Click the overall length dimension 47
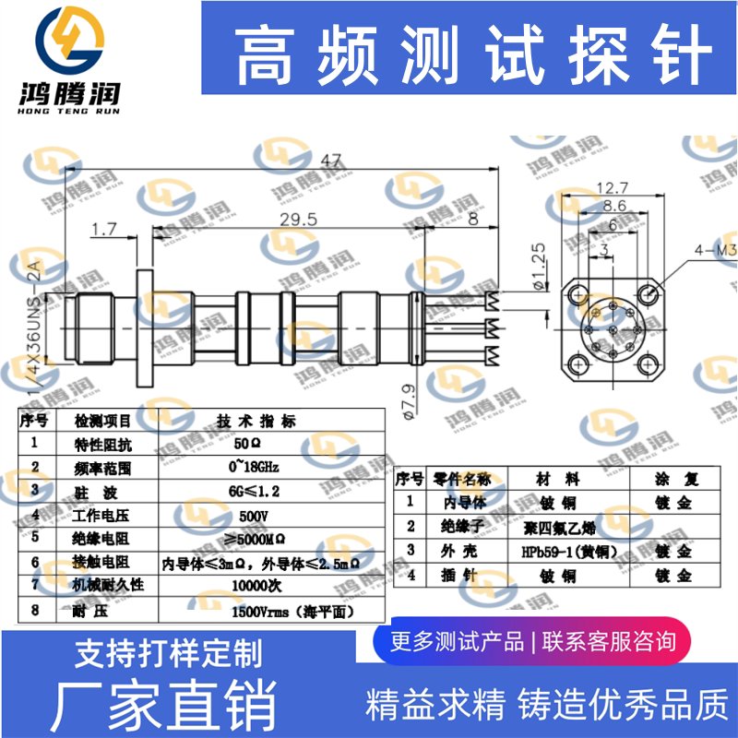tap(327, 161)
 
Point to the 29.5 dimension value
tap(297, 219)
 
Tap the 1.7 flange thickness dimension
tap(104, 227)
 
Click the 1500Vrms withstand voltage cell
tap(292, 610)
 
